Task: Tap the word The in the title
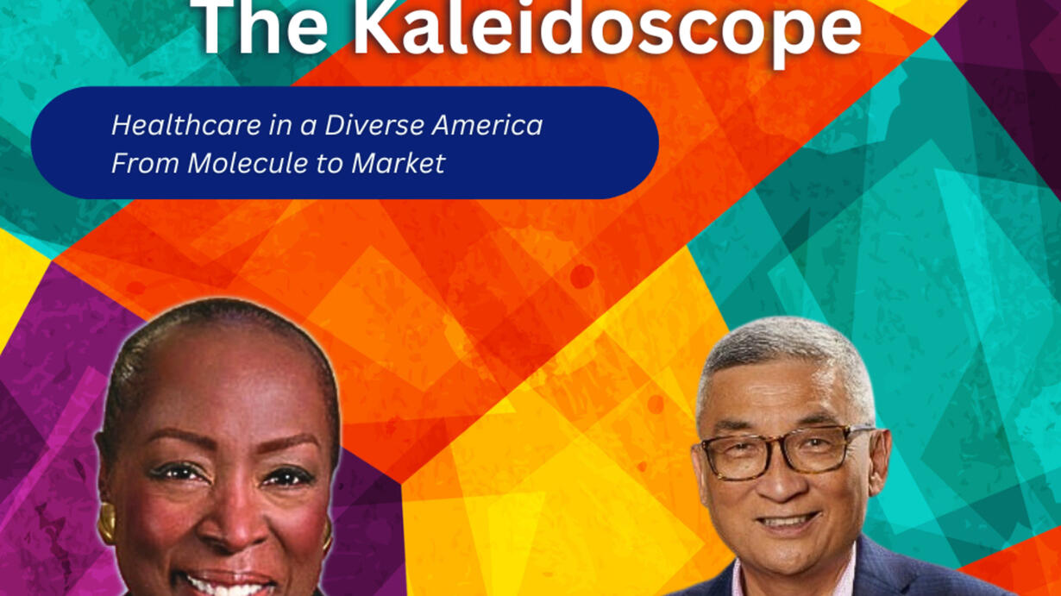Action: coord(266,26)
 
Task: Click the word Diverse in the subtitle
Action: coord(374,125)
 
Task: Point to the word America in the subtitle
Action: coord(487,125)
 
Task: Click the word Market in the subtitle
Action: coord(399,163)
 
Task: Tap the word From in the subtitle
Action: coord(146,163)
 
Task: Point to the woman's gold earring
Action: coord(107,523)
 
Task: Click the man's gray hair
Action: coord(784,360)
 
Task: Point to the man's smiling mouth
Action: coord(788,523)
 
